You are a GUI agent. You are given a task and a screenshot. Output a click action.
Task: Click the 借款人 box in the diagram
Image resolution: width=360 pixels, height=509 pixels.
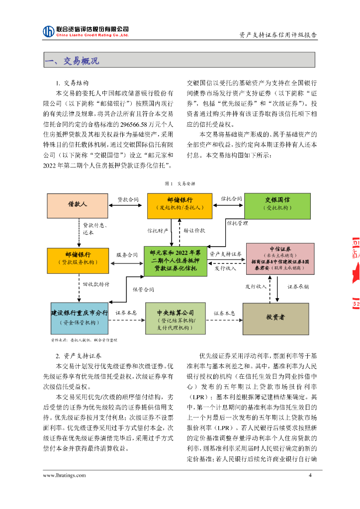point(77,205)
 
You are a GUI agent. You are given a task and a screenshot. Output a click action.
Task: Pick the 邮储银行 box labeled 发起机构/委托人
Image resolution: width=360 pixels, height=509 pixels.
point(180,205)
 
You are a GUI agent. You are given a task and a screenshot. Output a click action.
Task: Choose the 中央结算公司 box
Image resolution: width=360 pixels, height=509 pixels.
point(175,318)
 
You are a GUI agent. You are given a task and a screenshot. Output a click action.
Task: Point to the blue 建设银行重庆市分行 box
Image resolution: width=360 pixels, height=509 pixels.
point(79,318)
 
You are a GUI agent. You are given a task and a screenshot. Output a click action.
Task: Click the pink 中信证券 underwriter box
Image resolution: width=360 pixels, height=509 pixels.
point(280,258)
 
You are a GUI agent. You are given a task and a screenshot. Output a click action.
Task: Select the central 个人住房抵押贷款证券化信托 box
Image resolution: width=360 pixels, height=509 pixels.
point(175,260)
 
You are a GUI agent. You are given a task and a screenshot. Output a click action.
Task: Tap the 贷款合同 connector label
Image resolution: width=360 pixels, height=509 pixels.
point(128,199)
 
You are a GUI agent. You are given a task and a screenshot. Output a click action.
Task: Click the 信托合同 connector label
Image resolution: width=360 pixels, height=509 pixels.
point(231,199)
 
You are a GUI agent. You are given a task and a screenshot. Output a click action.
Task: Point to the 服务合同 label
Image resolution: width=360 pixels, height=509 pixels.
point(127,254)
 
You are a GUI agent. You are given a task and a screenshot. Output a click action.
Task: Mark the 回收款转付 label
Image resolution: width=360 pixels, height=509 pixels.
point(96,284)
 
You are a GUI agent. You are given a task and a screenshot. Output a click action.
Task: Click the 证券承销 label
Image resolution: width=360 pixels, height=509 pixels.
point(298,287)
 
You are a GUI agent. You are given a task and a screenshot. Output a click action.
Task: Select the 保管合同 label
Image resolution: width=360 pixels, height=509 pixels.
point(143,289)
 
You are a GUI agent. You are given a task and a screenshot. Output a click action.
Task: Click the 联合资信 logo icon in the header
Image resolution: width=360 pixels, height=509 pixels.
point(48,31)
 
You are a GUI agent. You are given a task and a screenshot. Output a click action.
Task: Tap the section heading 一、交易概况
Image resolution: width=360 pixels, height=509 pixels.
point(73,61)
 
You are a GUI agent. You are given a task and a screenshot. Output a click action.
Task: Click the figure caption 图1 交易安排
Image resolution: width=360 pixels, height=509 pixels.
point(180,183)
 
